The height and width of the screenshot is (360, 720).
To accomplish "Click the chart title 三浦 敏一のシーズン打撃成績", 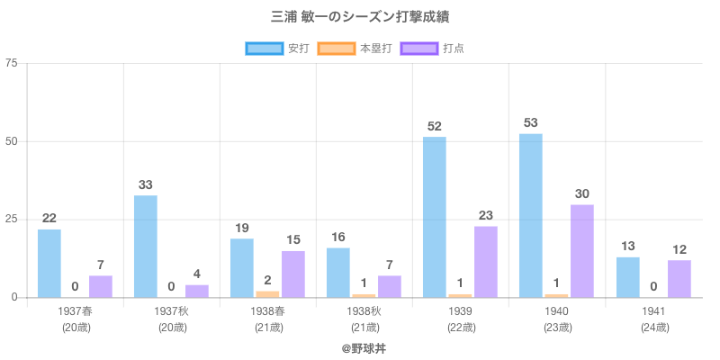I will [x=359, y=17].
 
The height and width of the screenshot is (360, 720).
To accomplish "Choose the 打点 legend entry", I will [x=433, y=49].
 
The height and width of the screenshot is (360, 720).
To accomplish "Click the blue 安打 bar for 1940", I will [x=531, y=215].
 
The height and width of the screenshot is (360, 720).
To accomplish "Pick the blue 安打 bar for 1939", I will [x=435, y=217].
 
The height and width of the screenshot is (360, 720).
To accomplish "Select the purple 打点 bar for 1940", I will [x=582, y=251].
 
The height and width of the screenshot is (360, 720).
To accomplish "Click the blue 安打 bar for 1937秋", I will [x=146, y=246].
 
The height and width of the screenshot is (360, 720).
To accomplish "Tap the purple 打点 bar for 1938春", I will [x=293, y=274].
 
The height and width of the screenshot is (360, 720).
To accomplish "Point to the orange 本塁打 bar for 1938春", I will [x=267, y=294].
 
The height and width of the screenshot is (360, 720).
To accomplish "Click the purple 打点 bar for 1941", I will [x=679, y=279].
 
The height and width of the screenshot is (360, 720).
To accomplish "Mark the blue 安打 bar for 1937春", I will [x=49, y=263].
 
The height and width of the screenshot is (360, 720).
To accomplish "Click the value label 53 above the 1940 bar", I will [x=531, y=122].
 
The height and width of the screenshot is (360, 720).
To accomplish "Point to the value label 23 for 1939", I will [x=486, y=215].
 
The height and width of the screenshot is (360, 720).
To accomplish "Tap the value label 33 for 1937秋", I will [x=146, y=184].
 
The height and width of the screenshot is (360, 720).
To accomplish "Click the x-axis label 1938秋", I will [x=364, y=311].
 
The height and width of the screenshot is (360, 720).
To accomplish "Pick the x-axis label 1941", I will [x=653, y=311].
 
